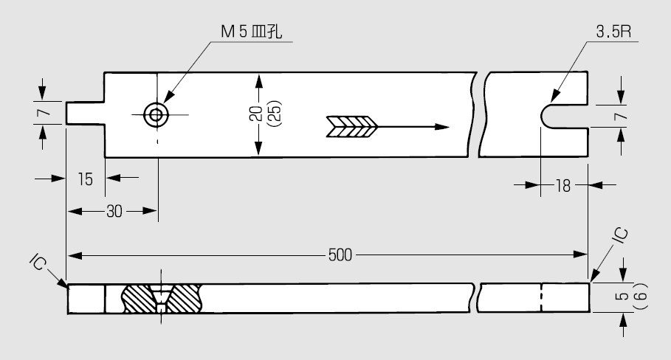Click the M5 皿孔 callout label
pyautogui.click(x=251, y=32)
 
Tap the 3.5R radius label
pyautogui.click(x=613, y=31)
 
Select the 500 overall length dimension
pyautogui.click(x=340, y=255)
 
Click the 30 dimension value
pyautogui.click(x=114, y=211)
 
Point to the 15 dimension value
pyautogui.click(x=86, y=179)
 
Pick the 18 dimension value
pyautogui.click(x=563, y=186)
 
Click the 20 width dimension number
pyautogui.click(x=256, y=114)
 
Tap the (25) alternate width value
pyautogui.click(x=274, y=113)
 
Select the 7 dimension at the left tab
pyautogui.click(x=44, y=112)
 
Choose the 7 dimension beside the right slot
pyautogui.click(x=621, y=116)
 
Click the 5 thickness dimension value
pyautogui.click(x=624, y=296)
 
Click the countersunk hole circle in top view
pyautogui.click(x=156, y=115)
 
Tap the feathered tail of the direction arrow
pyautogui.click(x=352, y=127)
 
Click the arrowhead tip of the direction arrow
pyautogui.click(x=450, y=127)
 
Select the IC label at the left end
pyautogui.click(x=38, y=262)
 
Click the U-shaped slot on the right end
pyautogui.click(x=541, y=116)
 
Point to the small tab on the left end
pyautogui.click(x=85, y=114)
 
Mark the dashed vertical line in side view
pyautogui.click(x=542, y=297)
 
